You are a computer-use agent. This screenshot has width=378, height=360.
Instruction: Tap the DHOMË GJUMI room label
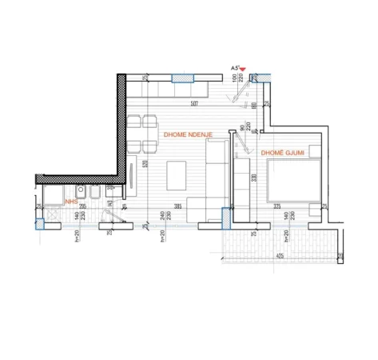pyautogui.click(x=282, y=151)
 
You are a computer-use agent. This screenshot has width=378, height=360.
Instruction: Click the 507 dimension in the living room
pyautogui.click(x=194, y=103)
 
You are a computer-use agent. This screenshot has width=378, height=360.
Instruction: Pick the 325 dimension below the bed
pyautogui.click(x=277, y=206)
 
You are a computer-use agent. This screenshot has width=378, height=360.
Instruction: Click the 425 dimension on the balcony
pyautogui.click(x=279, y=256)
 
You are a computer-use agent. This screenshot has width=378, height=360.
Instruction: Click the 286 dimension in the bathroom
pyautogui.click(x=82, y=206)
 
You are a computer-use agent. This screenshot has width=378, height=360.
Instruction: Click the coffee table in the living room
pyautogui.click(x=177, y=174)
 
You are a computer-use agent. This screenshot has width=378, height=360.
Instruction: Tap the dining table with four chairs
pyautogui.click(x=141, y=134)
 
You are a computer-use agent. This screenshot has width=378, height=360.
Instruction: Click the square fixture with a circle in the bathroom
pyautogui.click(x=81, y=193)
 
